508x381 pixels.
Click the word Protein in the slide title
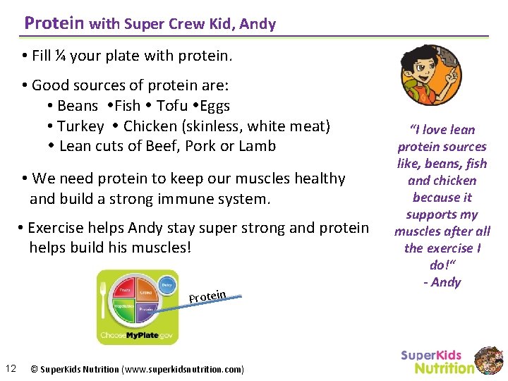coord(54,23)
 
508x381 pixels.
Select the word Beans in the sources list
coord(78,106)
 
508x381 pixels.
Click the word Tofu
coord(172,106)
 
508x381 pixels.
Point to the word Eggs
coord(215,106)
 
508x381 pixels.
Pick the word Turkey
coord(80,126)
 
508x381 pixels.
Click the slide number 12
coord(11,368)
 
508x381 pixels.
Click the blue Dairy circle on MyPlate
coord(167,284)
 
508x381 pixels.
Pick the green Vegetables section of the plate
coord(124,308)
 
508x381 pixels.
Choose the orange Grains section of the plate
coord(146,292)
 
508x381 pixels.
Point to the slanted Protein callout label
coord(207,296)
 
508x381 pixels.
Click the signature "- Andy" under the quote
coord(442,282)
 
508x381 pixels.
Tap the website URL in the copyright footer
coord(183,369)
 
